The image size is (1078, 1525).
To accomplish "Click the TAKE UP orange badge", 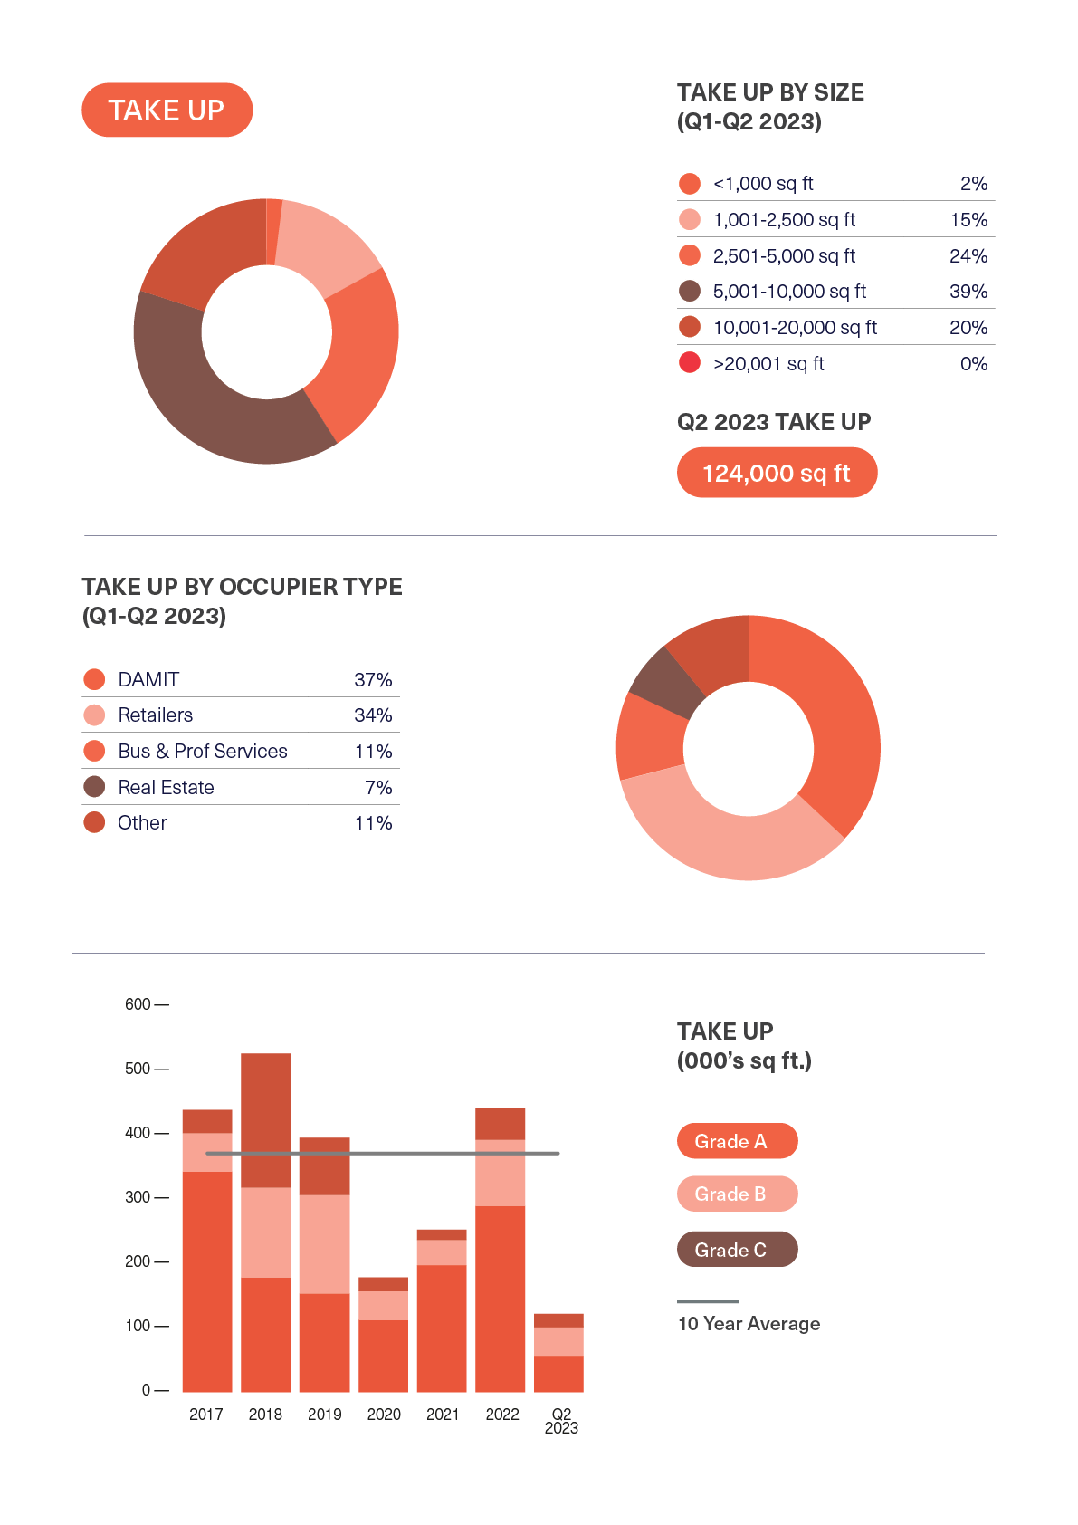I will pyautogui.click(x=167, y=110).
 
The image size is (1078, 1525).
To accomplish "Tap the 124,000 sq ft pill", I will pyautogui.click(x=777, y=473).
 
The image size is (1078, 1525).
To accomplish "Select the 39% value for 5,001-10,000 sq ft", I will pyautogui.click(x=968, y=292).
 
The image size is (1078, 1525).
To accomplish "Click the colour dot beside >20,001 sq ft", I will pyautogui.click(x=690, y=363).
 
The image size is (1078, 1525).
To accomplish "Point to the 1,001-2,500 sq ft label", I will pyautogui.click(x=784, y=220).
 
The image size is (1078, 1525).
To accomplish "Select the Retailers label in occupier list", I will pyautogui.click(x=156, y=715).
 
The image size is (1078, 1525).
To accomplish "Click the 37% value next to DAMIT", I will pyautogui.click(x=373, y=680).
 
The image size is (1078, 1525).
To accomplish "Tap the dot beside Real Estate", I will pyautogui.click(x=94, y=787).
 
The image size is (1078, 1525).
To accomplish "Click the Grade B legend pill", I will pyautogui.click(x=737, y=1194).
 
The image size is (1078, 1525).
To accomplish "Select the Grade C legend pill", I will pyautogui.click(x=737, y=1250).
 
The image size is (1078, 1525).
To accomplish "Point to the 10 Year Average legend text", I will pyautogui.click(x=749, y=1324).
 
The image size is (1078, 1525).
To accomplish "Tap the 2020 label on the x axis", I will pyautogui.click(x=384, y=1415).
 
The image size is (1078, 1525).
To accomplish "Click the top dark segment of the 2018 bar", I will pyautogui.click(x=266, y=1119).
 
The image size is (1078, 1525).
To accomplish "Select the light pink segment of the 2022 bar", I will pyautogui.click(x=501, y=1173).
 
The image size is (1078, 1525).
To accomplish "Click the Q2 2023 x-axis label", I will pyautogui.click(x=561, y=1421).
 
